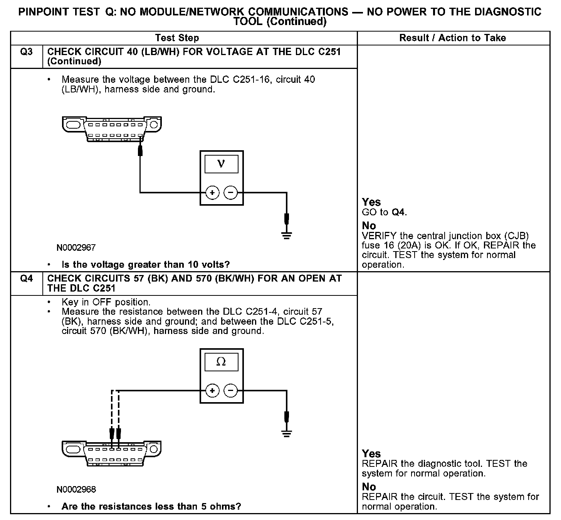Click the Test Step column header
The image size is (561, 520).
[177, 38]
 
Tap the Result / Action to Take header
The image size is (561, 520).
[452, 38]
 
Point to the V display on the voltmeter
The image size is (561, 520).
[221, 164]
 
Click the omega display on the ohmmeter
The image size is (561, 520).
[221, 362]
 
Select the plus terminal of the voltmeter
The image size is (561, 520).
[212, 193]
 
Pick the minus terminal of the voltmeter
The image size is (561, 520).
[230, 193]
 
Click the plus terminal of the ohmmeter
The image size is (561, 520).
[212, 391]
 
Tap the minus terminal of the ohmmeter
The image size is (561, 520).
[230, 391]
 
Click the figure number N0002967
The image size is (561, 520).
[76, 248]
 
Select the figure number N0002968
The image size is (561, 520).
[76, 490]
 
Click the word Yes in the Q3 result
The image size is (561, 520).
[371, 202]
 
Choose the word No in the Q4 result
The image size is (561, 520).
[369, 487]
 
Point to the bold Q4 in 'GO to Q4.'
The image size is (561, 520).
[398, 212]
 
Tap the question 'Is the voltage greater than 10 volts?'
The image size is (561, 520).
[146, 265]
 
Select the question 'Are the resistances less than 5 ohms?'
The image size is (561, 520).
[151, 507]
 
